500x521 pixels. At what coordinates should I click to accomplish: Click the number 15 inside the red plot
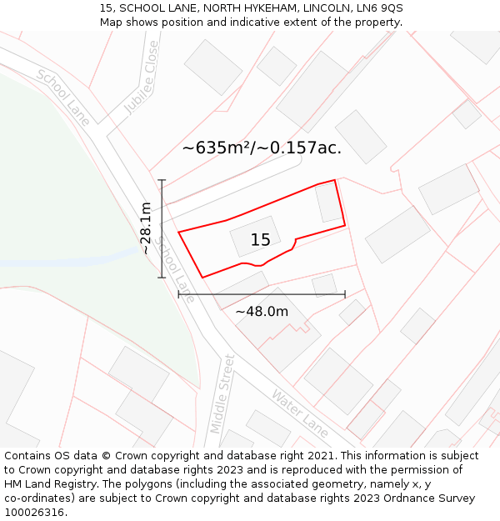tap(260, 240)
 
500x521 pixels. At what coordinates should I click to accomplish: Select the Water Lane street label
tap(301, 413)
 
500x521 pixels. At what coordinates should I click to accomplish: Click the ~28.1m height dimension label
tap(146, 228)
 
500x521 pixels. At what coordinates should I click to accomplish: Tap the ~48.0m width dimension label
tap(262, 312)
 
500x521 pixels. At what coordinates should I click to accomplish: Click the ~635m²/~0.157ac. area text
tap(262, 148)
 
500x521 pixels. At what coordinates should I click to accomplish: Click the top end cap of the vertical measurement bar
tap(162, 180)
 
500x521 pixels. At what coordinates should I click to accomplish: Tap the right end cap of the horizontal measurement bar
tap(345, 294)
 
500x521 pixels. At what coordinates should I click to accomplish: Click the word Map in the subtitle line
tap(112, 22)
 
